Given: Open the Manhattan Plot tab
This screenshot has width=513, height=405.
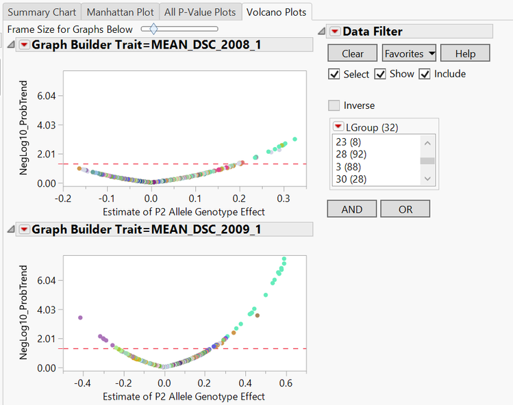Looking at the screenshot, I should coord(121,12).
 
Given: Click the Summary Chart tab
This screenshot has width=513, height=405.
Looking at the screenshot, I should coord(41,12).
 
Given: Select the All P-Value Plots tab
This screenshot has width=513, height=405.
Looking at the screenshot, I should coord(200,12).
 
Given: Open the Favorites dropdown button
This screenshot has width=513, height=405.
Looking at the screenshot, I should coord(410,53).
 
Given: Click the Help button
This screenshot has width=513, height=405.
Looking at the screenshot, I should coord(465,53).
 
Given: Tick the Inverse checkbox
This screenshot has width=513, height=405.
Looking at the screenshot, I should coord(334,105).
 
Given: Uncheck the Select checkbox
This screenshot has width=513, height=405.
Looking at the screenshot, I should coord(334,74).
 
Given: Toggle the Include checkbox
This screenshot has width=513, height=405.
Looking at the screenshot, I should coord(425,74).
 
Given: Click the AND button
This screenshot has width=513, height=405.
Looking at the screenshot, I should coord(351,209).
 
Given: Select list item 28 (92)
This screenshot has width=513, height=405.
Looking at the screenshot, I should coord(351,155).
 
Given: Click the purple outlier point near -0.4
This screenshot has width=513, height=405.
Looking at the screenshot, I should coord(80,317).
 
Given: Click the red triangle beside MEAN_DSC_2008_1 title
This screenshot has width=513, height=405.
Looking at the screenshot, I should coord(24,44).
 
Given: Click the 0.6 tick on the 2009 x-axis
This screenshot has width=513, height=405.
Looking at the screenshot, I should coord(286,382).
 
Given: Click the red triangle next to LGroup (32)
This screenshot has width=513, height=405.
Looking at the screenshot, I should coord(338,127).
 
